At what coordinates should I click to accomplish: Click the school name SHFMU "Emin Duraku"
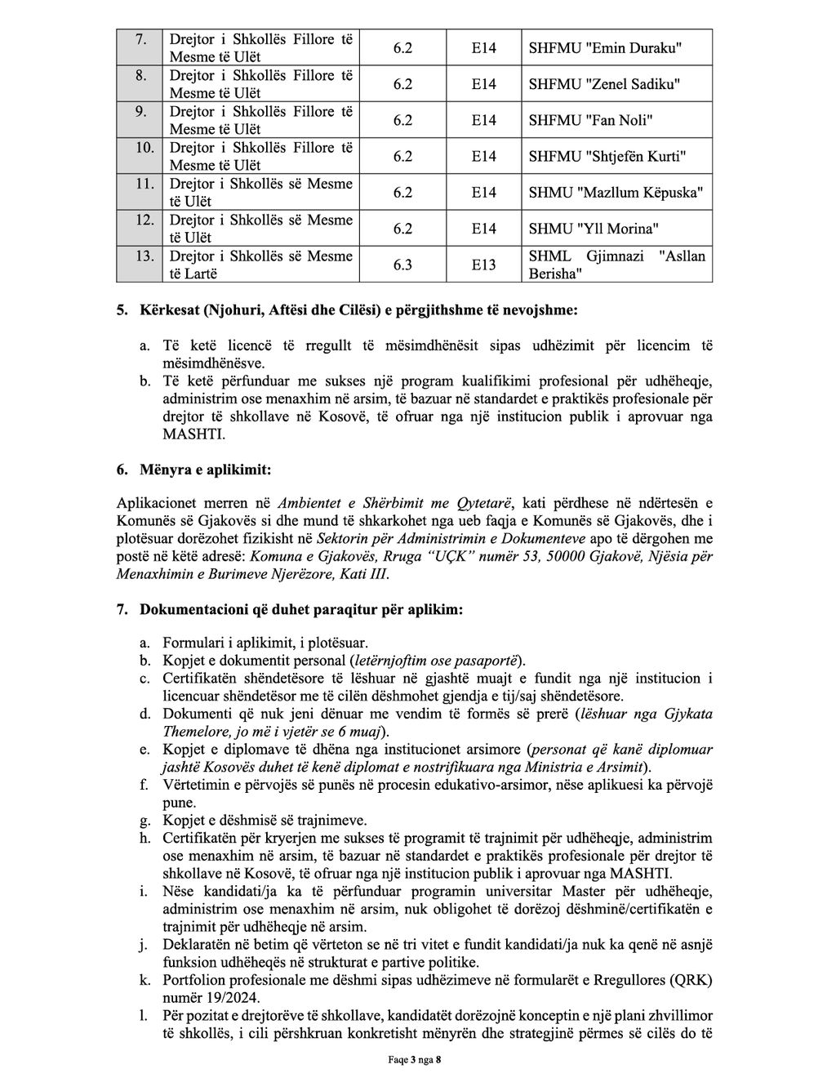point(604,48)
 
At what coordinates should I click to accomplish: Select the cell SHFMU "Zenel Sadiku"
point(604,84)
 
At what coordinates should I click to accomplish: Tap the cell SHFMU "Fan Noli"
point(591,121)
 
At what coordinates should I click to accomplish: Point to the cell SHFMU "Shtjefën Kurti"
point(607,157)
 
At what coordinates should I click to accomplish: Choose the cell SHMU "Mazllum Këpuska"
point(615,193)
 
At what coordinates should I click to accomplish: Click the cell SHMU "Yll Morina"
point(594,229)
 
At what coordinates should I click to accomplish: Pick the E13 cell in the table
point(483,265)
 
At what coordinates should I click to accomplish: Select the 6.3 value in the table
point(402,265)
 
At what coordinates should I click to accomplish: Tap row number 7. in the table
point(141,39)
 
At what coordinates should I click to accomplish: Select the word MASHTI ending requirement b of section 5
point(187,434)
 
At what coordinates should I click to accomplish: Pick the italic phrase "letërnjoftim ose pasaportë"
point(436,660)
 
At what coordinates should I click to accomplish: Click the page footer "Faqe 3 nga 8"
point(414,1060)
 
